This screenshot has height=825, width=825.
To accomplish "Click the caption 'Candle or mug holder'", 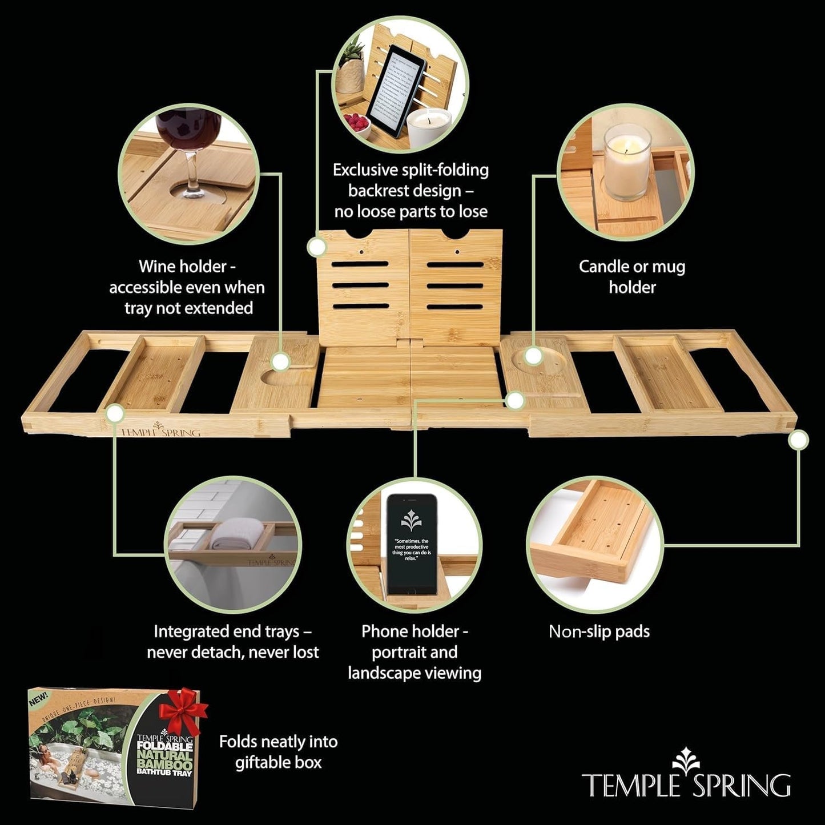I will click(631, 277).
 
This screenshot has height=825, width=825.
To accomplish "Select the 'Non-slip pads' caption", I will click(599, 631).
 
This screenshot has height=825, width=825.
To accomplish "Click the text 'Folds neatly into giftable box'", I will click(279, 752).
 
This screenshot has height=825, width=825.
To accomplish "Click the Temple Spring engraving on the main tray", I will click(159, 431).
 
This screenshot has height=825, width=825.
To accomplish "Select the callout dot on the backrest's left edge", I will click(316, 247).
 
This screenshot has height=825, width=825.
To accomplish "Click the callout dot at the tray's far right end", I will click(798, 439).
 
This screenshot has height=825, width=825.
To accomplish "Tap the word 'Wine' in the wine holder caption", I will click(158, 267).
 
